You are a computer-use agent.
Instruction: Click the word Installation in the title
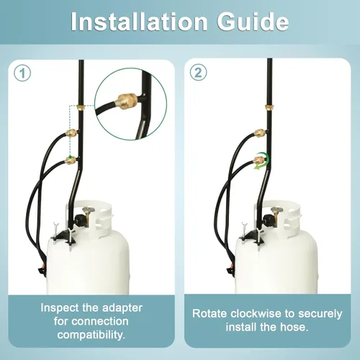139,22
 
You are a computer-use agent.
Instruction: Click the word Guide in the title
253,22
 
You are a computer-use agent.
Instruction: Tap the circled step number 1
22,73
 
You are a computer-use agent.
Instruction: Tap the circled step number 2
198,72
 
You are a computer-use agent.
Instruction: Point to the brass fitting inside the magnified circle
127,102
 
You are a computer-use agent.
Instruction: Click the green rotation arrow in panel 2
263,161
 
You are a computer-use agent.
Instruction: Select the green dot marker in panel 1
70,157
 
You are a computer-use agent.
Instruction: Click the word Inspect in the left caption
60,308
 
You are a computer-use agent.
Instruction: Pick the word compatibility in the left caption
91,335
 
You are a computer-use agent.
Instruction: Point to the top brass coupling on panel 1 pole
81,107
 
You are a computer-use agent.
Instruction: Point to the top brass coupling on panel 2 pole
269,107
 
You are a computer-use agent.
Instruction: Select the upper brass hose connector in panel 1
71,132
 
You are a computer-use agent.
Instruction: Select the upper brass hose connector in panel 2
260,132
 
